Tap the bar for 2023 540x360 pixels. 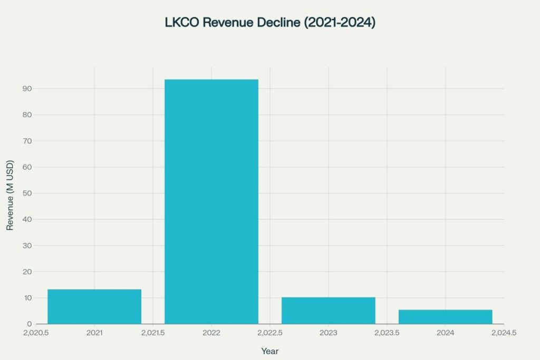pyautogui.click(x=329, y=310)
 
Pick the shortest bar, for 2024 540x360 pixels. pyautogui.click(x=445, y=317)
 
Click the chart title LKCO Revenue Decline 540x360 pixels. pyautogui.click(x=270, y=23)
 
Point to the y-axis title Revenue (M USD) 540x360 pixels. pyautogui.click(x=10, y=195)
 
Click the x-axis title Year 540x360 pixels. pyautogui.click(x=270, y=351)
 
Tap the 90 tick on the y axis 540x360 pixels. pyautogui.click(x=27, y=89)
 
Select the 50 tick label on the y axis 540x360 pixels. pyautogui.click(x=27, y=193)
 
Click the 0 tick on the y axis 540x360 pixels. pyautogui.click(x=30, y=324)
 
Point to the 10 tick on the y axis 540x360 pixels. pyautogui.click(x=27, y=298)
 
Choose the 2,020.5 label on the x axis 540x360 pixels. pyautogui.click(x=36, y=333)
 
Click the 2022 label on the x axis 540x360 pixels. pyautogui.click(x=211, y=333)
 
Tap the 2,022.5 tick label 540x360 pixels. pyautogui.click(x=270, y=333)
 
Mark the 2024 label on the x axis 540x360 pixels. pyautogui.click(x=445, y=333)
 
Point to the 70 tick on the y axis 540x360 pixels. pyautogui.click(x=27, y=141)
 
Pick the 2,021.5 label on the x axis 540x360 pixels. pyautogui.click(x=153, y=333)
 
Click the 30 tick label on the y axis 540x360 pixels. pyautogui.click(x=27, y=246)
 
